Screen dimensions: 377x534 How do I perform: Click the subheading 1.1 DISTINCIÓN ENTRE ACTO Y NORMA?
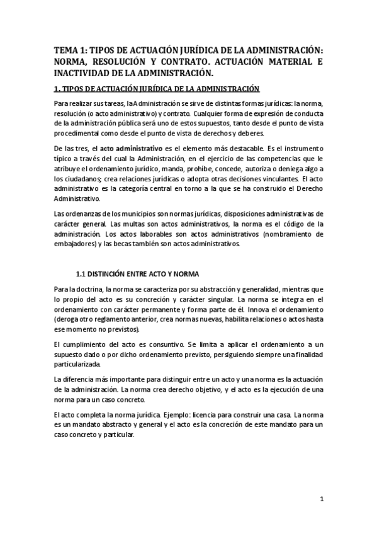coord(137,275)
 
